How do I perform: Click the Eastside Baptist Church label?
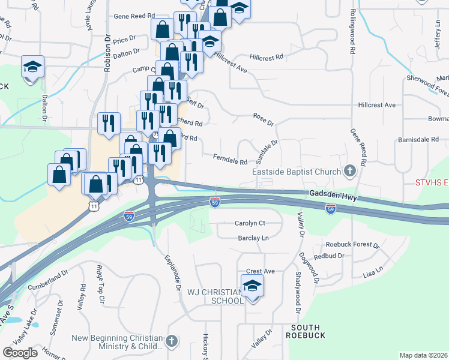tap(296, 172)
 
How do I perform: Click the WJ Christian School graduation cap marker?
tap(253, 287)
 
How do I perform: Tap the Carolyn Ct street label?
tap(250, 223)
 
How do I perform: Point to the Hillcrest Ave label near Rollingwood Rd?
tap(376, 105)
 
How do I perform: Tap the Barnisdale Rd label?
tap(418, 139)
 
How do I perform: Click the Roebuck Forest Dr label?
tap(352, 245)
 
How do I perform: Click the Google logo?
tap(20, 353)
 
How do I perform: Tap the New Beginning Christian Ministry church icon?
tap(172, 341)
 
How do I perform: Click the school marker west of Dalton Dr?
tap(32, 67)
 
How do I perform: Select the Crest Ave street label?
tap(260, 271)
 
